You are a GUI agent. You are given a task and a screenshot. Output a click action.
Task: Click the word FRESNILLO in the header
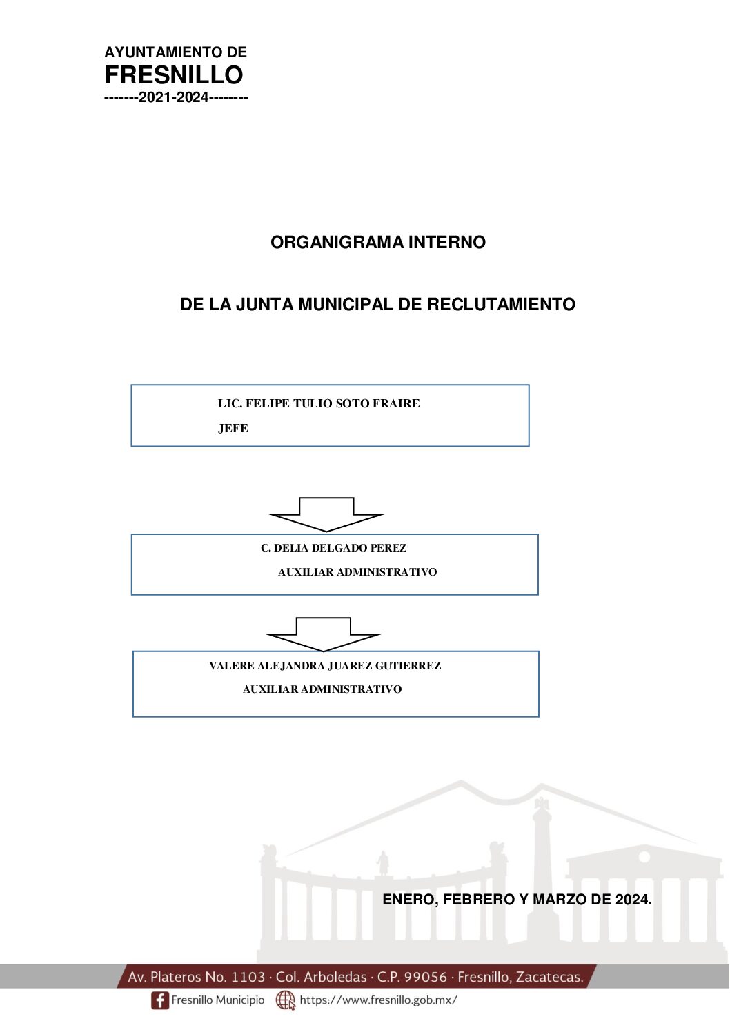click(x=174, y=74)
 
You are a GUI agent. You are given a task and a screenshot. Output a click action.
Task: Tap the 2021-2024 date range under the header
click(x=174, y=97)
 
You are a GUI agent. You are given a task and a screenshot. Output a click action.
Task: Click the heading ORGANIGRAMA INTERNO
click(x=377, y=243)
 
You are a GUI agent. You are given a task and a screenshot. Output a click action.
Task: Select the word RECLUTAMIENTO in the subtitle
click(x=501, y=304)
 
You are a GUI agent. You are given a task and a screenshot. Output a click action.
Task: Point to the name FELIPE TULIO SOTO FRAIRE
click(x=333, y=403)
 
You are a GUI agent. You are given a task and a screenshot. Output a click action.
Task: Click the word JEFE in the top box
click(x=233, y=429)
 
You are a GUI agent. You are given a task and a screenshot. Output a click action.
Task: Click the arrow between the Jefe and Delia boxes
click(x=326, y=514)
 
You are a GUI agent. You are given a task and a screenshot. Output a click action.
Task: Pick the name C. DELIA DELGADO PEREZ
click(x=334, y=548)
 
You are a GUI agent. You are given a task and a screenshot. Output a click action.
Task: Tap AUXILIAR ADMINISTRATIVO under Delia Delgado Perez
click(x=357, y=571)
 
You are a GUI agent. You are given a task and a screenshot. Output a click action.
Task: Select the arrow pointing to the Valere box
click(x=324, y=634)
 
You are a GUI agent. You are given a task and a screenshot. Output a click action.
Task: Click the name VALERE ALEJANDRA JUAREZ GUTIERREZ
click(x=325, y=666)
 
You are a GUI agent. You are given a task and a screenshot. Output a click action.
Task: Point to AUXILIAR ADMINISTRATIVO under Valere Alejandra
click(x=322, y=689)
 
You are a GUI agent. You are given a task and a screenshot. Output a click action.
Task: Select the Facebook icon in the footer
click(x=159, y=1000)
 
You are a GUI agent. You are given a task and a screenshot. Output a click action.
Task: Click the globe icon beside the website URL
click(x=286, y=1000)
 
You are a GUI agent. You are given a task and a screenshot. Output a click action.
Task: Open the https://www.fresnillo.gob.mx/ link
click(x=378, y=1000)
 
